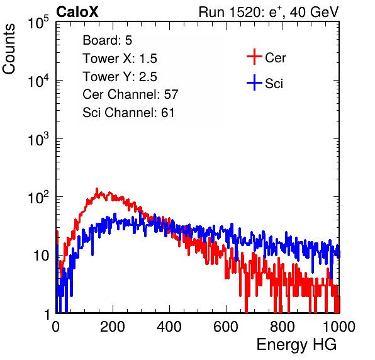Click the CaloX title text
point(77,12)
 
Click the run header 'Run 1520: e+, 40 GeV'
point(269,12)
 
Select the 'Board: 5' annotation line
point(107,40)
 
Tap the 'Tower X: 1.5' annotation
point(120,59)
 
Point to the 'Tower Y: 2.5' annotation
point(120,77)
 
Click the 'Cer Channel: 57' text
point(130,94)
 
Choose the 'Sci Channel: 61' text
point(128,113)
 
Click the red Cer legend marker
point(254,57)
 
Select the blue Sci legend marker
point(254,82)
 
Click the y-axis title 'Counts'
point(9,49)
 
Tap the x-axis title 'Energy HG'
point(296,345)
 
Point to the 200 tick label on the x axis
point(113,327)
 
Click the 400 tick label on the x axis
point(169,327)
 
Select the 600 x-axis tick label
point(226,327)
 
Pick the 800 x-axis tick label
point(283,327)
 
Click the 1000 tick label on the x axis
point(339,327)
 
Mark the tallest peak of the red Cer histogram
point(97,189)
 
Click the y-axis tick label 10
point(41,256)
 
